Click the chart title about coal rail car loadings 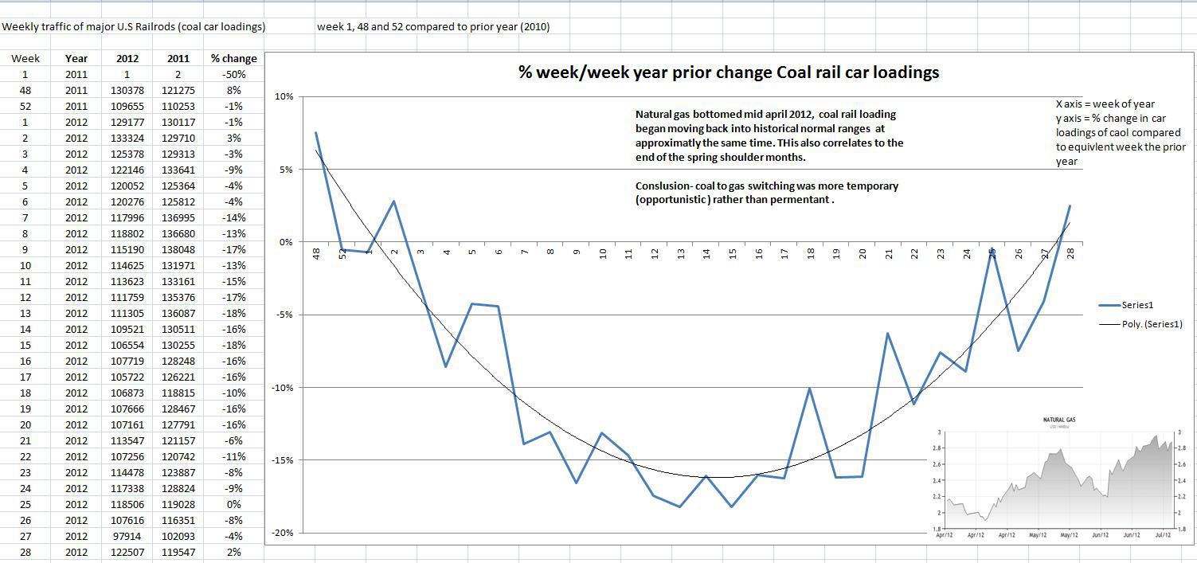click(x=729, y=72)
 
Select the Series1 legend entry click(x=1137, y=305)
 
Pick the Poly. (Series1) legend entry click(x=1152, y=324)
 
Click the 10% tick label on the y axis click(x=284, y=96)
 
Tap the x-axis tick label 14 click(x=706, y=253)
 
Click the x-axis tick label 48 click(x=316, y=253)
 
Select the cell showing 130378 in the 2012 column click(x=127, y=90)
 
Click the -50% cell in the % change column click(x=233, y=74)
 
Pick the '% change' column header click(x=233, y=58)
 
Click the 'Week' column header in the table click(x=25, y=58)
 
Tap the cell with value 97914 click(x=127, y=536)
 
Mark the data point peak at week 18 click(x=810, y=389)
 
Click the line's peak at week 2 click(x=393, y=201)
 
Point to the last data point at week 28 click(x=1070, y=206)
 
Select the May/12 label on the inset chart click(x=1037, y=535)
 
